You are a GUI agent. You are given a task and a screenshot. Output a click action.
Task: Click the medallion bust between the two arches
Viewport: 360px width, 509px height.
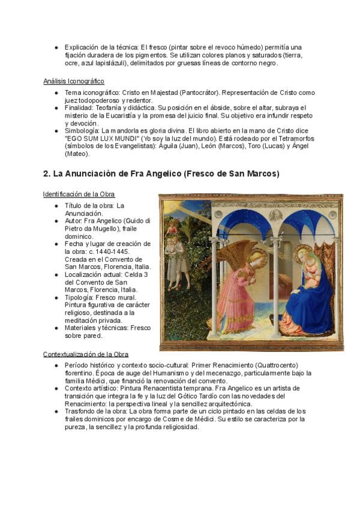(x=275, y=215)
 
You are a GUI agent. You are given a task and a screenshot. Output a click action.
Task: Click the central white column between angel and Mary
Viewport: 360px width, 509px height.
(x=275, y=288)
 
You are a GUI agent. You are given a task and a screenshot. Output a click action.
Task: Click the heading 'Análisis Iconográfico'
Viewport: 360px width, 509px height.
(x=73, y=81)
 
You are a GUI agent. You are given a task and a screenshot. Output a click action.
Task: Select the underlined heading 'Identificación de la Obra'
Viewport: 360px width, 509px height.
(x=79, y=194)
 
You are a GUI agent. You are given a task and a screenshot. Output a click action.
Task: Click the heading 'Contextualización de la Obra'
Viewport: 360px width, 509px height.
(x=86, y=354)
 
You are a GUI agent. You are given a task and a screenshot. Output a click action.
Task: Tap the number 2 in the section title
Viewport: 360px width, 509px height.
(x=46, y=174)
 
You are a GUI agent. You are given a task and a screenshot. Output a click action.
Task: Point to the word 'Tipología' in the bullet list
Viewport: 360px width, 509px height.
(x=80, y=297)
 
